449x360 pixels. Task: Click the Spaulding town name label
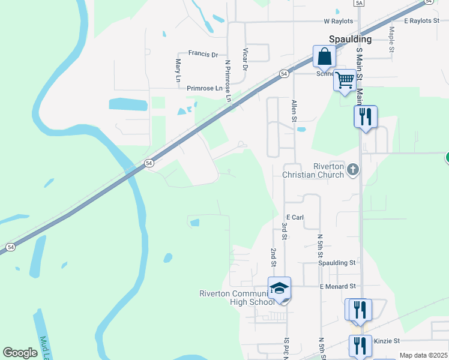[x=350, y=39]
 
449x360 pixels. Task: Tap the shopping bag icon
[x=324, y=58]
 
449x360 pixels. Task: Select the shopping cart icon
[x=345, y=80]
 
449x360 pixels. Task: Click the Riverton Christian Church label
[x=313, y=170]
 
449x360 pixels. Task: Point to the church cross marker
[x=352, y=170]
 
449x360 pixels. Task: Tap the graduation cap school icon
[x=279, y=290]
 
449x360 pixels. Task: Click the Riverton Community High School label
[x=237, y=297]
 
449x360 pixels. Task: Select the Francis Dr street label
[x=203, y=54]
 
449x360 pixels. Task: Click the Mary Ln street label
[x=178, y=70]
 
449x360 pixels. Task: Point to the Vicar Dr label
[x=244, y=59]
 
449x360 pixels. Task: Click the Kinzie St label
[x=387, y=341]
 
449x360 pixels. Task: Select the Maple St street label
[x=391, y=39]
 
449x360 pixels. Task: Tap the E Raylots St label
[x=422, y=20]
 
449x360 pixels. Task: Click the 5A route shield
[x=359, y=3]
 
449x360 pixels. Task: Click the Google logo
[x=20, y=353]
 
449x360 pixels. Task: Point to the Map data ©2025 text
[x=423, y=355]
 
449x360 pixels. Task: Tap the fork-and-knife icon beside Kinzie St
[x=360, y=346]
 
